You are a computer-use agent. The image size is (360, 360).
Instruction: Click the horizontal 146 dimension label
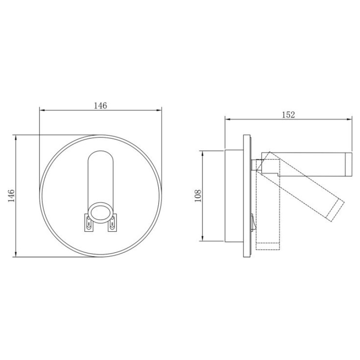click(x=100, y=106)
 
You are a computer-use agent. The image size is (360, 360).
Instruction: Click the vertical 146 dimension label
click(x=11, y=196)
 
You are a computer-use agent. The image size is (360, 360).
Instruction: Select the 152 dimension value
click(x=288, y=115)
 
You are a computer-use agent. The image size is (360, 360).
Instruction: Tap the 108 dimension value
click(x=198, y=196)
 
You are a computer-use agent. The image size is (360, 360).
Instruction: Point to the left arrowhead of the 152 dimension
click(x=228, y=119)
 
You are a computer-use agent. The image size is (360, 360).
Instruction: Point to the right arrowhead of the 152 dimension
click(x=349, y=119)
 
